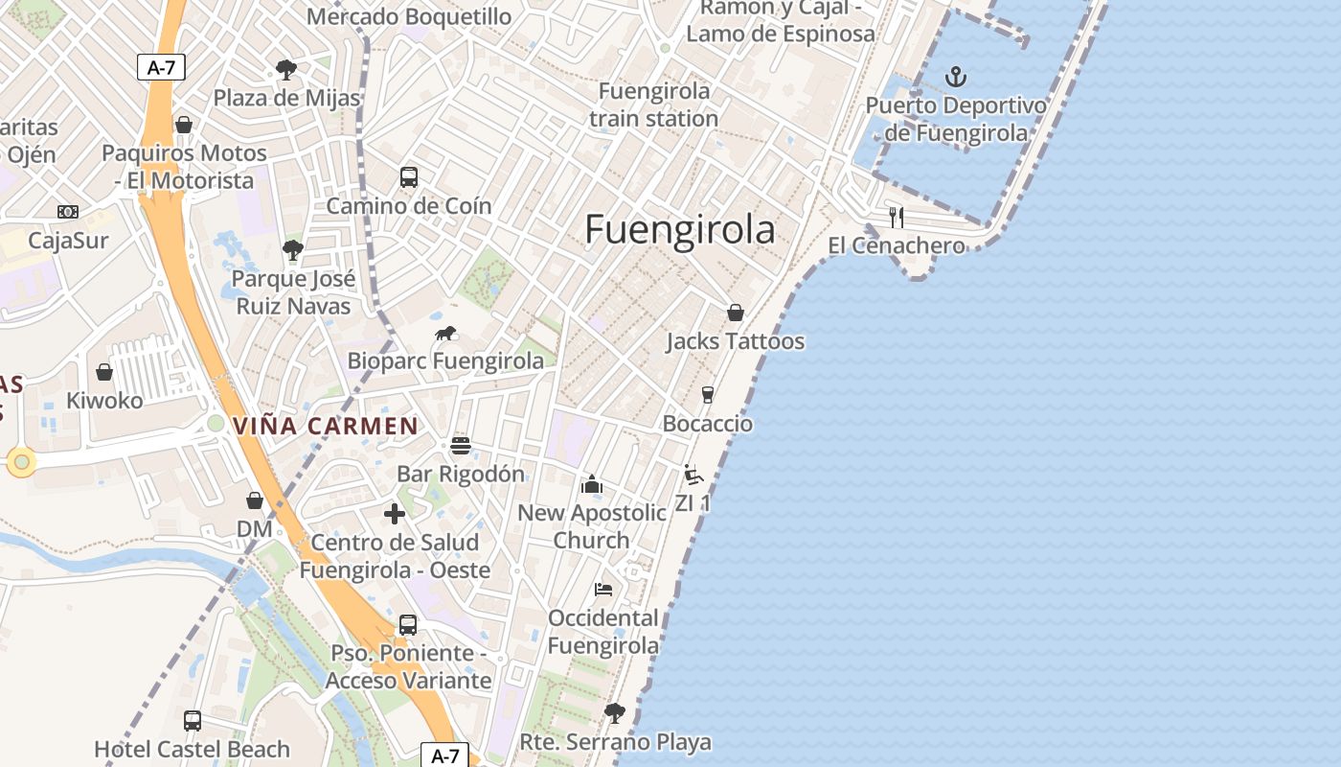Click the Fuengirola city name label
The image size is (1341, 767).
680,230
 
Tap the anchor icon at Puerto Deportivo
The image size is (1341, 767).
955,77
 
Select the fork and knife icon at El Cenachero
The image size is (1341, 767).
897,217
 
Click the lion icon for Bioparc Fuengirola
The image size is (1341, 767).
445,334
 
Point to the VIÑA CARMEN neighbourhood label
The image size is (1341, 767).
326,426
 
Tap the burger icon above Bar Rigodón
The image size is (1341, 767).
461,445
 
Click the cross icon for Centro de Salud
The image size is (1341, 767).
395,514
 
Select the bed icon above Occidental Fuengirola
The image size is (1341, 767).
603,589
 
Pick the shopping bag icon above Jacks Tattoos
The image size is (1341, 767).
736,313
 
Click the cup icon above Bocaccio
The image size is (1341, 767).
708,395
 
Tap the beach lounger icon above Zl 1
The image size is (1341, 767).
693,475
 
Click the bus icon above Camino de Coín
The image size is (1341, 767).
409,177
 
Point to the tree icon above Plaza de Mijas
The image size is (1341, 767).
285,69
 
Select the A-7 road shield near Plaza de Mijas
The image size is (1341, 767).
161,67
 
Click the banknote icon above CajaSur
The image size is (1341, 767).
68,212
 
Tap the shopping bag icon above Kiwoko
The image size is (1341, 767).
104,372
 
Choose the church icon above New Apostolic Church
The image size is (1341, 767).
592,484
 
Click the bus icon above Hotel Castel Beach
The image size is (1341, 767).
193,720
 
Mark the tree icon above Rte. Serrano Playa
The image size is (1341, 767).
615,713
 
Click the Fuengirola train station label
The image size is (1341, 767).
654,105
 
